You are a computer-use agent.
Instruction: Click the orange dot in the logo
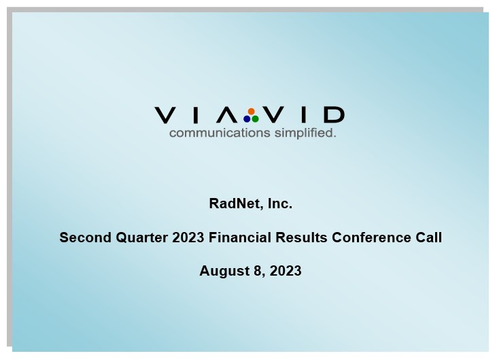point(252,112)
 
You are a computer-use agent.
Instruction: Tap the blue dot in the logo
point(247,119)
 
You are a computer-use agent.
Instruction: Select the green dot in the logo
point(255,119)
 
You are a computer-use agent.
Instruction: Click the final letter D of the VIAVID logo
point(335,115)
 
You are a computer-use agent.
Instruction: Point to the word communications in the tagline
point(220,133)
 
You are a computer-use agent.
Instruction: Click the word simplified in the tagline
point(305,133)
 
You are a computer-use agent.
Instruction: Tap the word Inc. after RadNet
point(280,203)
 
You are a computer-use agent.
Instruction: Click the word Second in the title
point(85,238)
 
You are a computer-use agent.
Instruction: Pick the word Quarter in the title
point(141,238)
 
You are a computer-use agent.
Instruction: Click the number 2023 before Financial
point(188,238)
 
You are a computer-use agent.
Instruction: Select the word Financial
point(240,238)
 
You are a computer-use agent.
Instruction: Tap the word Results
point(301,238)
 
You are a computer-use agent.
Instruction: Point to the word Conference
point(371,238)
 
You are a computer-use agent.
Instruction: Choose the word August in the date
point(224,271)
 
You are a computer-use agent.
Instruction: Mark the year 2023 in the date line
point(286,271)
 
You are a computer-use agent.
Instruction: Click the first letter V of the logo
point(165,115)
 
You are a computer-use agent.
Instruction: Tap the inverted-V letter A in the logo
point(227,115)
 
